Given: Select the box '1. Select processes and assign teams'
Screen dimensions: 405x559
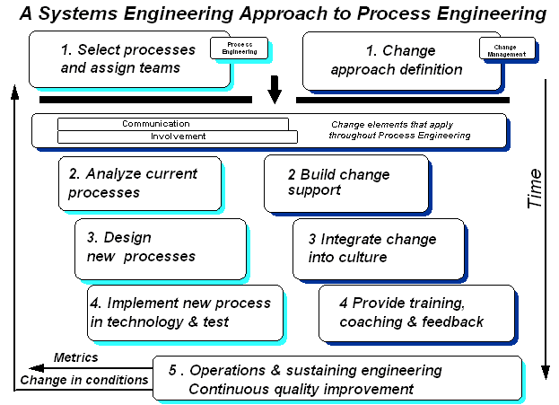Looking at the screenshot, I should (128, 58).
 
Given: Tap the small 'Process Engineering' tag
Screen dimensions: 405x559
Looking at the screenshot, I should (239, 48).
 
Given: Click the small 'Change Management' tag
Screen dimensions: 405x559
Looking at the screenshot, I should (507, 49).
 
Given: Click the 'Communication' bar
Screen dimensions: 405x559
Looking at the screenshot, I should (172, 124).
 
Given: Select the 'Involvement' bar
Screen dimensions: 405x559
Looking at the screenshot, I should (177, 136).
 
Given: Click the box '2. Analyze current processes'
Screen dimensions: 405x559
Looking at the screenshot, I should (141, 182).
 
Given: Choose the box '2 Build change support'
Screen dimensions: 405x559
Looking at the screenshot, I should (345, 181).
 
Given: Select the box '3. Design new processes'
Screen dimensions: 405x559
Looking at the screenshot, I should (160, 247).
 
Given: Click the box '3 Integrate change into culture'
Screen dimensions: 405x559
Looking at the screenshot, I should (379, 248).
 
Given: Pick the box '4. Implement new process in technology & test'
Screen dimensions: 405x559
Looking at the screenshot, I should (185, 313).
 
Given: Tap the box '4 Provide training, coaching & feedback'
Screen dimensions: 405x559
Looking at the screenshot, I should (416, 313).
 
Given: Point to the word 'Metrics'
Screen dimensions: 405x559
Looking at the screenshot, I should (76, 357).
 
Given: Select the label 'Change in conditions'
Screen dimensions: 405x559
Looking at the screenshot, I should (84, 380).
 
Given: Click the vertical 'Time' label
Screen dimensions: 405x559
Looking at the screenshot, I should (535, 189).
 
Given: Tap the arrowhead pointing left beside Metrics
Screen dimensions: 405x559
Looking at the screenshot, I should (32, 367).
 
